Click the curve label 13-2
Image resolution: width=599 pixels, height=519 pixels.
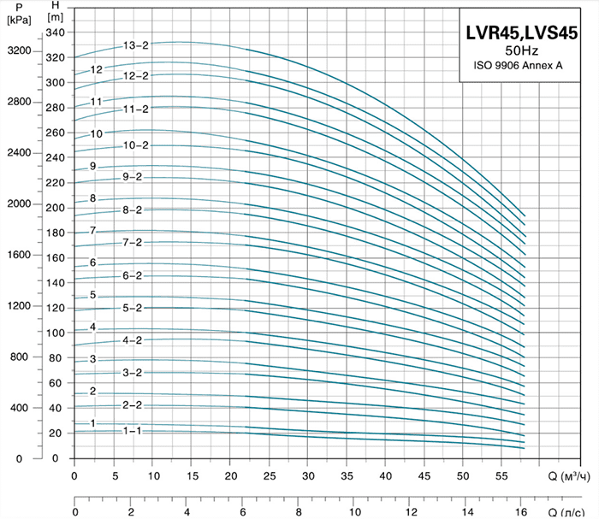point(135,45)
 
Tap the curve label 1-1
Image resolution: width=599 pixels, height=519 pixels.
point(132,431)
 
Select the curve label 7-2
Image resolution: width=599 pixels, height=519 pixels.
point(132,243)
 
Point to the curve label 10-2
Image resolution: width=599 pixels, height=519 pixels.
point(135,145)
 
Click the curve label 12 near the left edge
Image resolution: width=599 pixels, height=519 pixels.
point(97,70)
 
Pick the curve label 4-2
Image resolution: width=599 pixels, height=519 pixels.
point(132,340)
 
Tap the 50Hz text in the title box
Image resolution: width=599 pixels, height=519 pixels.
point(521,51)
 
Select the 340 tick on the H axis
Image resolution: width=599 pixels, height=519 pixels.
point(56,32)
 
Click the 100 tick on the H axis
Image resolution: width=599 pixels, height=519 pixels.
point(56,333)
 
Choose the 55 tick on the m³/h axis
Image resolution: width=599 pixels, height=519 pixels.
point(502,475)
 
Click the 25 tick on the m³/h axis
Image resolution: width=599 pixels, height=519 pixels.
point(269,475)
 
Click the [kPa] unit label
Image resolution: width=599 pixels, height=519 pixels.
point(18,20)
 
